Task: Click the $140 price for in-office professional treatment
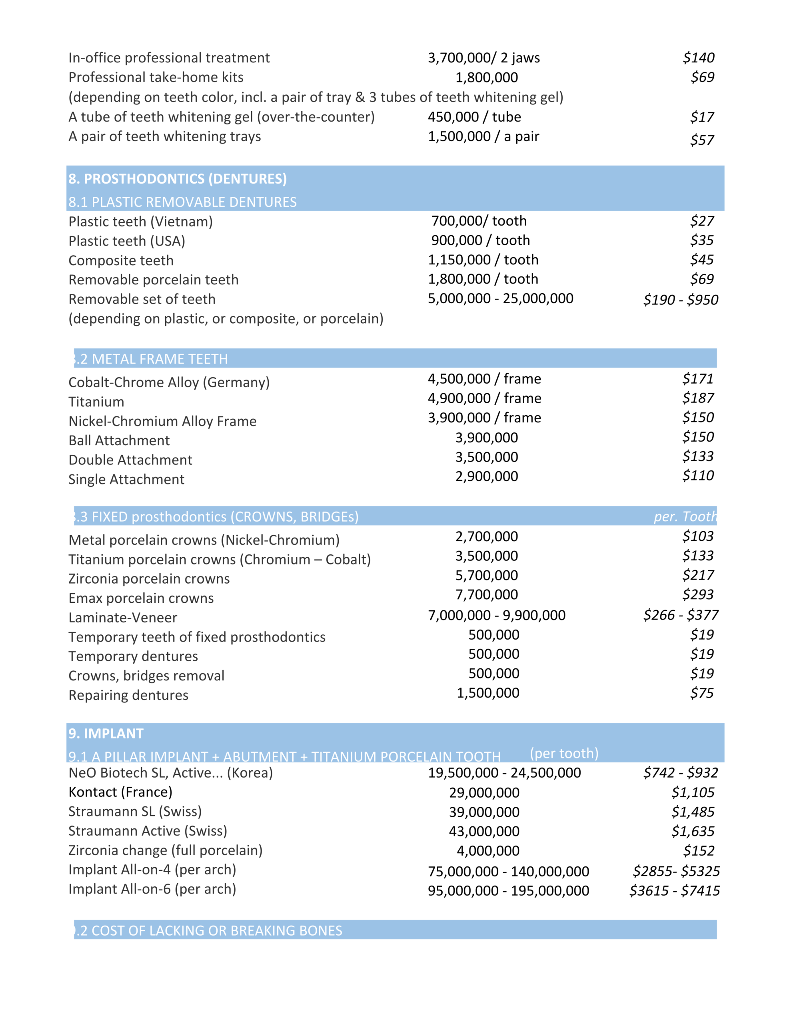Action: tap(698, 58)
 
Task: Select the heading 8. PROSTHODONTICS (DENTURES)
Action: tap(177, 179)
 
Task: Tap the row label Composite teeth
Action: tap(121, 260)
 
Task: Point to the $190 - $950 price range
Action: tap(680, 299)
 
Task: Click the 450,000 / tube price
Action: tap(474, 117)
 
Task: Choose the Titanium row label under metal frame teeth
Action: tap(96, 402)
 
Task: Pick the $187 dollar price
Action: tap(698, 398)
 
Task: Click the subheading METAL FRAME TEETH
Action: tap(153, 359)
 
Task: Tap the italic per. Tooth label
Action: tap(685, 516)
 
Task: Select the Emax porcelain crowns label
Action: tap(141, 598)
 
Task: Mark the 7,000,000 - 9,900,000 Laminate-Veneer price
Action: tap(497, 615)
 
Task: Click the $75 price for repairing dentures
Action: tap(701, 693)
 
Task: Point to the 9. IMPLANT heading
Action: tap(106, 733)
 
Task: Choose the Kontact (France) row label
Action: tap(120, 792)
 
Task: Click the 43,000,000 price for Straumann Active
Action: tap(484, 831)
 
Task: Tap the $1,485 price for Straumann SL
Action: tap(693, 812)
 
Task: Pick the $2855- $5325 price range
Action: tap(676, 871)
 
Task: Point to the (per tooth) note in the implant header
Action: tap(564, 754)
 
